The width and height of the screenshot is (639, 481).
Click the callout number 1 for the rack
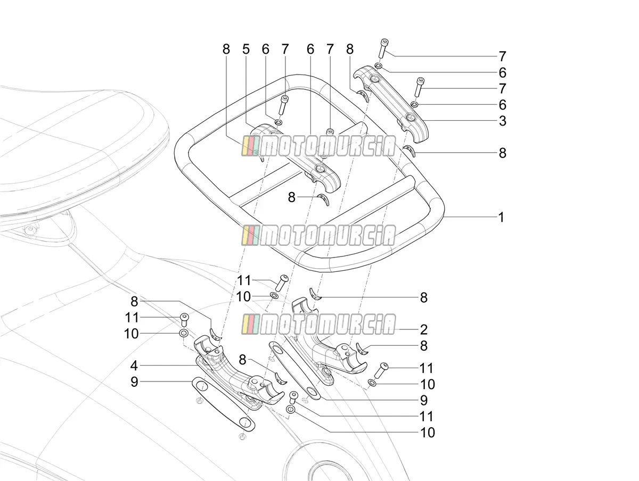501,217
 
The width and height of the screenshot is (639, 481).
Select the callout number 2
423,329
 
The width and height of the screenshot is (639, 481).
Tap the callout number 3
503,121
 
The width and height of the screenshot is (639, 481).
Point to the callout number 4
134,366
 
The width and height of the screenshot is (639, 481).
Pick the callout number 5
246,49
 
